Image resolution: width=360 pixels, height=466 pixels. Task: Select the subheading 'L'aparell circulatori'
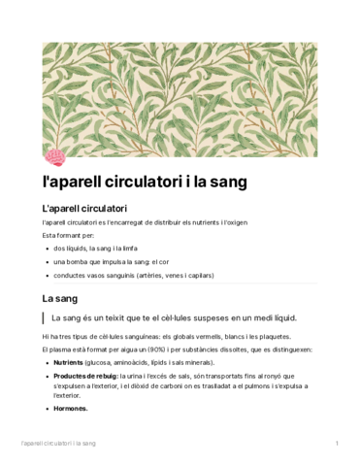[x=85, y=209]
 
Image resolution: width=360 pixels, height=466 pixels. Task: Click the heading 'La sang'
[x=60, y=297]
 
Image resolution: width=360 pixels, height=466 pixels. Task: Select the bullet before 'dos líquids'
[x=47, y=249]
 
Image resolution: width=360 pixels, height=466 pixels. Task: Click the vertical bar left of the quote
[x=44, y=318]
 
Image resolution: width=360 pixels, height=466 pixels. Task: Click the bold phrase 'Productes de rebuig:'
[x=85, y=374]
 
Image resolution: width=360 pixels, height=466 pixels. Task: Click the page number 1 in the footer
[x=336, y=444]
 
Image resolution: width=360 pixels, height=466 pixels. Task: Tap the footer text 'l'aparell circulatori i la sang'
[x=57, y=444]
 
